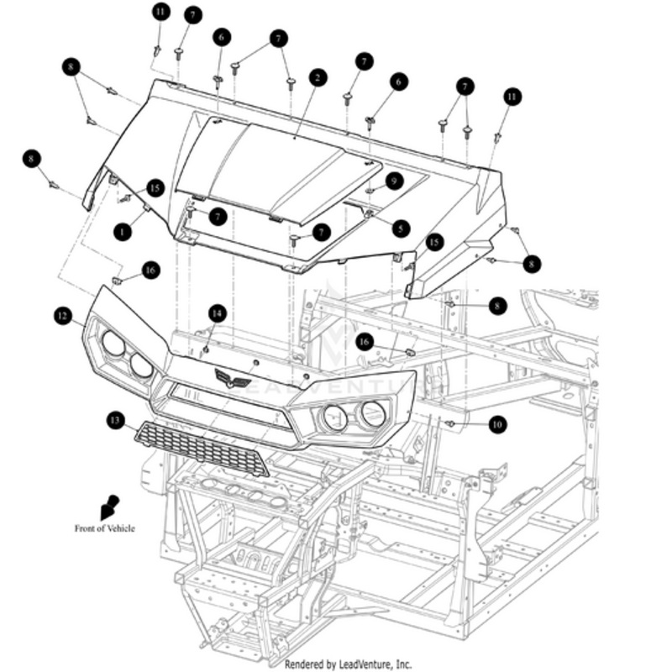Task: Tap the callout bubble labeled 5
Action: [x=400, y=227]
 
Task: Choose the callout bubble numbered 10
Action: [x=498, y=424]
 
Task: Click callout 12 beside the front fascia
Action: [x=60, y=316]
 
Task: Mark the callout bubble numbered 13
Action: [x=115, y=418]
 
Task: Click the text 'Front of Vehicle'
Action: [x=104, y=528]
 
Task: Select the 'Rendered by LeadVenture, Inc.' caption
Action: [x=348, y=664]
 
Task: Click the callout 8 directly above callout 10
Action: [x=498, y=307]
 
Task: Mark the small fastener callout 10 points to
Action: [x=451, y=424]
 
